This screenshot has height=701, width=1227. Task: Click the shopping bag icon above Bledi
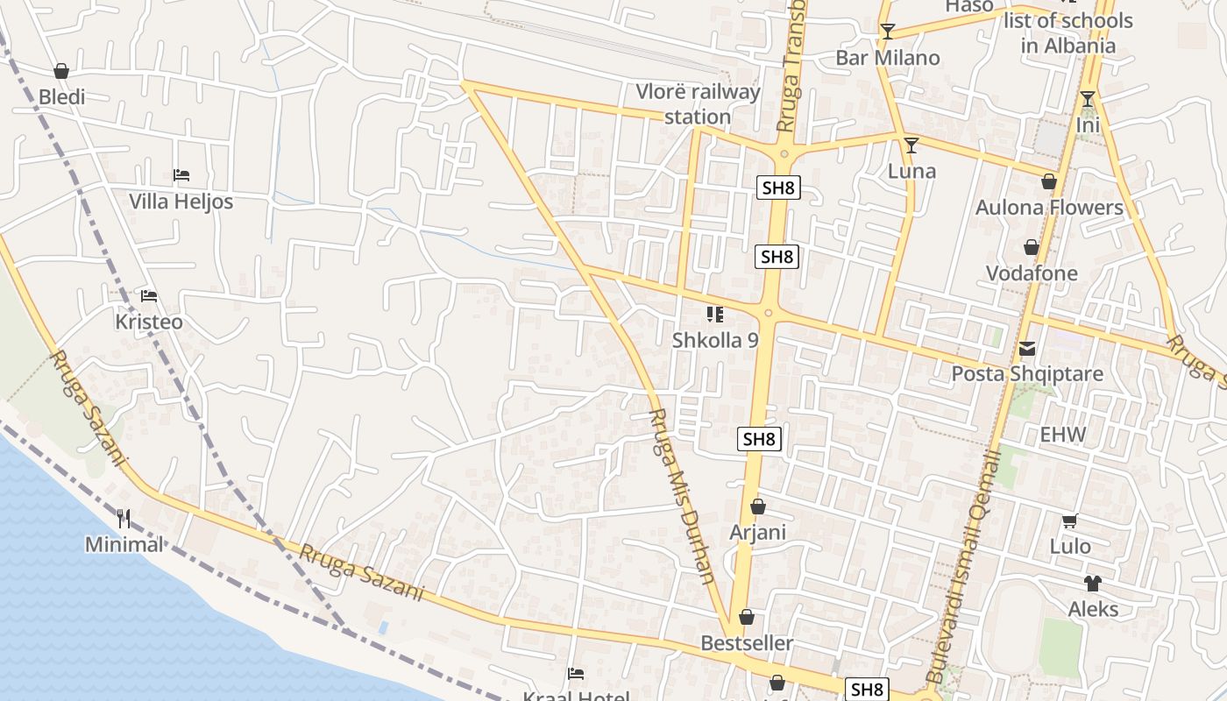[x=61, y=71]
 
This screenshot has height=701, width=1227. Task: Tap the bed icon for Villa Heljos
[x=181, y=175]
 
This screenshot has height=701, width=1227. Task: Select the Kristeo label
[x=149, y=322]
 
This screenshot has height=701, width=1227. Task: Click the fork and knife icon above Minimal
[x=124, y=519]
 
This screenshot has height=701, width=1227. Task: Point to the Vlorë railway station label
[x=698, y=104]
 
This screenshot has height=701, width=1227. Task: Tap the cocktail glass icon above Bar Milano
[x=888, y=32]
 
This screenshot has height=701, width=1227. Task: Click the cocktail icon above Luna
[x=911, y=145]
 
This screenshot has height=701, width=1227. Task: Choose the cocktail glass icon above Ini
[x=1088, y=99]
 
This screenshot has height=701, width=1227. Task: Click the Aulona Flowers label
[x=1049, y=208]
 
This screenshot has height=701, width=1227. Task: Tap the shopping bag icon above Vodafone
[x=1032, y=247]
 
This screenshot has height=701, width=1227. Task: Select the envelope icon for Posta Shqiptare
[x=1027, y=349]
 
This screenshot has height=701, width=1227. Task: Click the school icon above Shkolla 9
[x=715, y=314]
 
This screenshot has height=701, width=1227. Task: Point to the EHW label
[x=1062, y=435]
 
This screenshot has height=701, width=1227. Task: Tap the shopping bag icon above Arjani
[x=758, y=506]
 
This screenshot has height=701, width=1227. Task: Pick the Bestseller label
[x=747, y=643]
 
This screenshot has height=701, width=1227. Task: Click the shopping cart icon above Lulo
[x=1069, y=521]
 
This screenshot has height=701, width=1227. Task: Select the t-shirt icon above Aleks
[x=1092, y=584]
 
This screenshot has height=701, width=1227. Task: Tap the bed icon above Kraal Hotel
[x=576, y=674]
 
